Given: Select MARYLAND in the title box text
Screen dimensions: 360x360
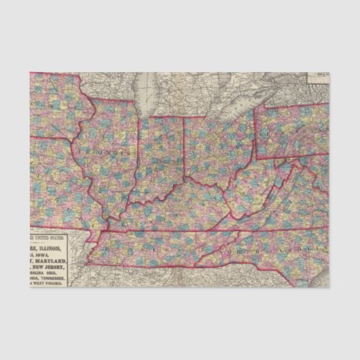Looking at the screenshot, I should coord(61,261).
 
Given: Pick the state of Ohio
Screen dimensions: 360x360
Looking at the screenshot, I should coord(217,153).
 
